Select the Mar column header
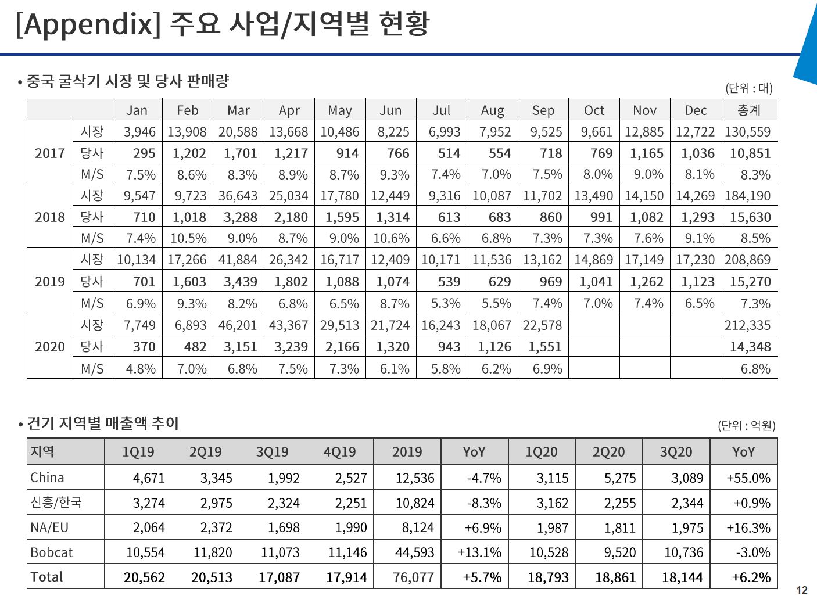pyautogui.click(x=238, y=110)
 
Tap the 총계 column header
pyautogui.click(x=749, y=110)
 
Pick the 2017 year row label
pyautogui.click(x=50, y=153)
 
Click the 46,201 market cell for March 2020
pyautogui.click(x=238, y=325)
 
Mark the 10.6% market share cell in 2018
pyautogui.click(x=391, y=238)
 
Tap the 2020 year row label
pyautogui.click(x=50, y=347)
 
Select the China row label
pyautogui.click(x=47, y=478)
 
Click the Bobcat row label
pyautogui.click(x=51, y=552)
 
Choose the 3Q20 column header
pyautogui.click(x=676, y=452)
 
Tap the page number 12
pyautogui.click(x=802, y=591)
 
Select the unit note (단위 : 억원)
pyautogui.click(x=747, y=426)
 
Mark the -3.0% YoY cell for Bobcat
pyautogui.click(x=752, y=552)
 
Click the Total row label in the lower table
pyautogui.click(x=46, y=577)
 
